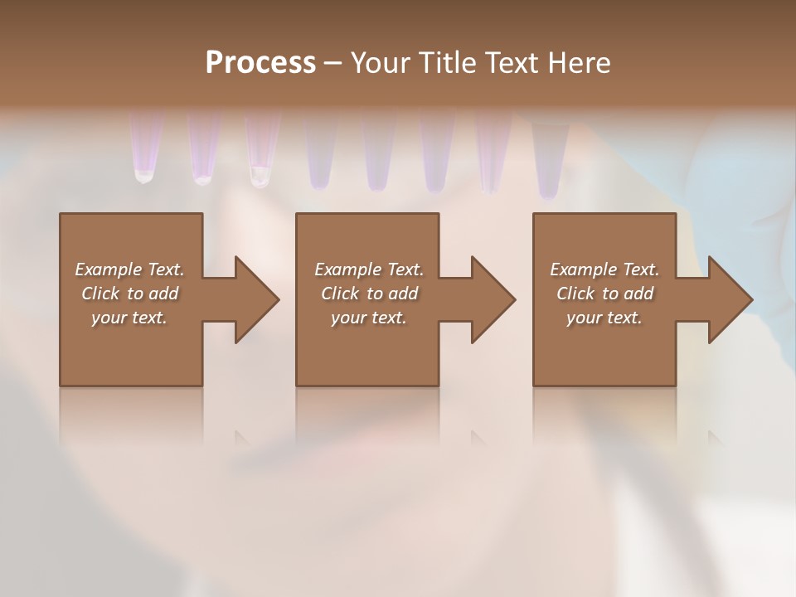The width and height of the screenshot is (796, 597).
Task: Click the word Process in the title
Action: point(260,63)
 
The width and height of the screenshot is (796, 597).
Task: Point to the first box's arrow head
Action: point(256,299)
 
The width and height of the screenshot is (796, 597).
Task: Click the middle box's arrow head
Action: point(493,299)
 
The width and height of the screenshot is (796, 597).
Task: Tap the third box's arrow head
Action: point(730,299)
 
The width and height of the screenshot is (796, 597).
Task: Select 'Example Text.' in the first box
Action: point(129,269)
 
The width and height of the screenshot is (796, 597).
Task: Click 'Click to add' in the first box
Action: point(129,294)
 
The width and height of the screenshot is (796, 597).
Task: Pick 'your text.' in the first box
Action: point(129,318)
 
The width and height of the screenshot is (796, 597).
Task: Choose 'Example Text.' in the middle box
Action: point(369,269)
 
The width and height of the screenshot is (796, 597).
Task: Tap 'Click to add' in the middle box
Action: point(369,294)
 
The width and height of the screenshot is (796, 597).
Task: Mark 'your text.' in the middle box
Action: point(369,318)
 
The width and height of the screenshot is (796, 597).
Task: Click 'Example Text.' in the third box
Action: point(604,269)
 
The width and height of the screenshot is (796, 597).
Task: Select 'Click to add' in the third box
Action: point(604,294)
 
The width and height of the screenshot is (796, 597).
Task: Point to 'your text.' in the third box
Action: point(604,318)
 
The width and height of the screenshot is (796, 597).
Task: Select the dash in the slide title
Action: point(332,64)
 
